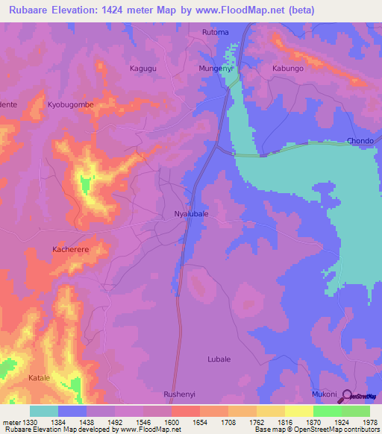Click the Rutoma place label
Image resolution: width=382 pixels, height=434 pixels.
pyautogui.click(x=216, y=32)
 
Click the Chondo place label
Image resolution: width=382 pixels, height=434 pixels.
pyautogui.click(x=360, y=141)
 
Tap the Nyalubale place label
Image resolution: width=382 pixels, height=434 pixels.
pyautogui.click(x=191, y=213)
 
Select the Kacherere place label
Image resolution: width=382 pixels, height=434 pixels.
pyautogui.click(x=72, y=249)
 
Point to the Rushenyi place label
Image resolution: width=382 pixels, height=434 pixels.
pyautogui.click(x=180, y=393)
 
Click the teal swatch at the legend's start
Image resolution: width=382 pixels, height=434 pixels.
pyautogui.click(x=44, y=411)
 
